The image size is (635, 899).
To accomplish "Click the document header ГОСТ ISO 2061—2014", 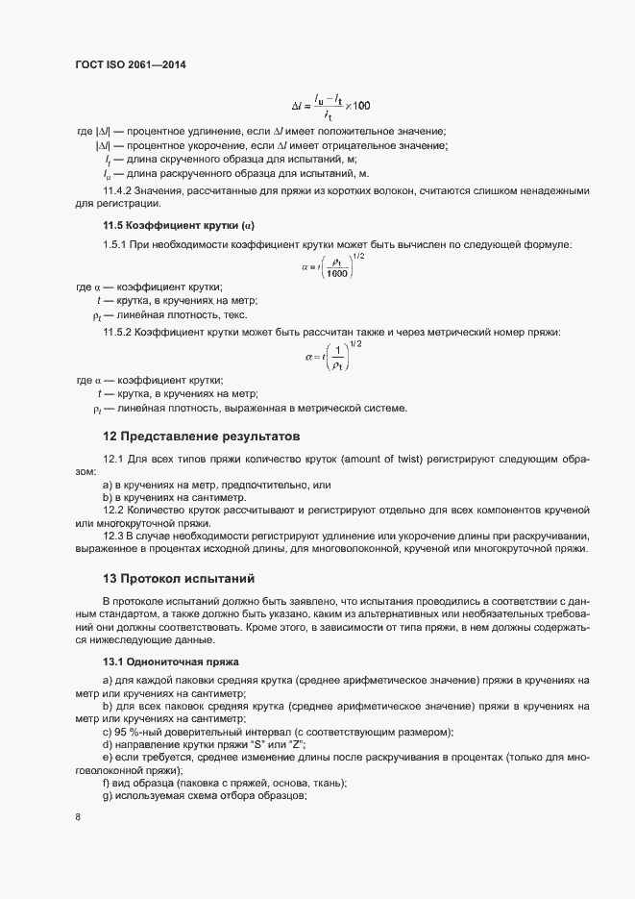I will coord(130,64).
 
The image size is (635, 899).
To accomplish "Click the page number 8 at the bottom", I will coord(78,817).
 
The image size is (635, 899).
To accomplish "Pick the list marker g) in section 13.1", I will coord(108,798).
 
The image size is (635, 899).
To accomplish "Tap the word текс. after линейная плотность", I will coord(232,315).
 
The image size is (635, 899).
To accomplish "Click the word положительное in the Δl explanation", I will coord(369,131).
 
